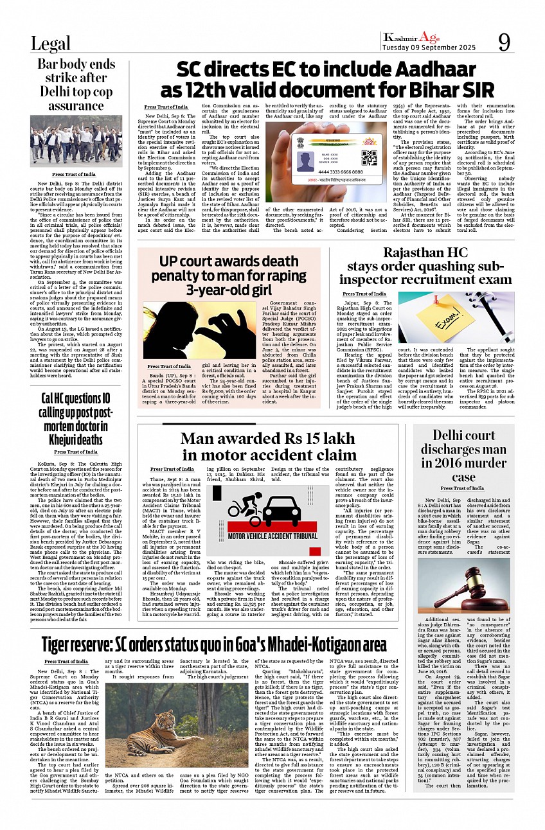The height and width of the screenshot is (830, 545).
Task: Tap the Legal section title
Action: (51, 43)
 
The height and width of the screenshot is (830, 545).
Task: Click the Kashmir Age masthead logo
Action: (411, 37)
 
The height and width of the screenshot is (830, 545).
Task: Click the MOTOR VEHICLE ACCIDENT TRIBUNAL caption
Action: (273, 535)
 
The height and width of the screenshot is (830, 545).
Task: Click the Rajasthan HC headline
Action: (425, 266)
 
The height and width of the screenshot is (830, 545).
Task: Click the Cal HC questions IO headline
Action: (76, 418)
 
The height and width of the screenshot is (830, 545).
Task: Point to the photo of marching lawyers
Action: (76, 141)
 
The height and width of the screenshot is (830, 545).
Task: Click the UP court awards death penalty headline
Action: (229, 276)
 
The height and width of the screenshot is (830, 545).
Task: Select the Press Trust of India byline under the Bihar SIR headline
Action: (166, 107)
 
